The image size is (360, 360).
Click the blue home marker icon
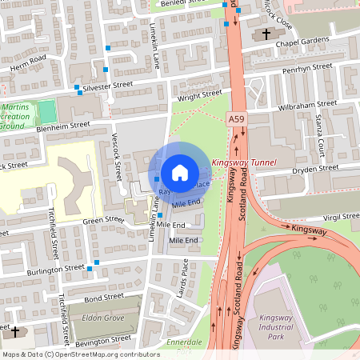tap(180, 172)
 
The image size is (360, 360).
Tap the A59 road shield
tap(235, 119)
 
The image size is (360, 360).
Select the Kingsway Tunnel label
tap(244, 162)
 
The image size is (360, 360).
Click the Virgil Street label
tap(339, 216)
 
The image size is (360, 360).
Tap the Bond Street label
tap(104, 297)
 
